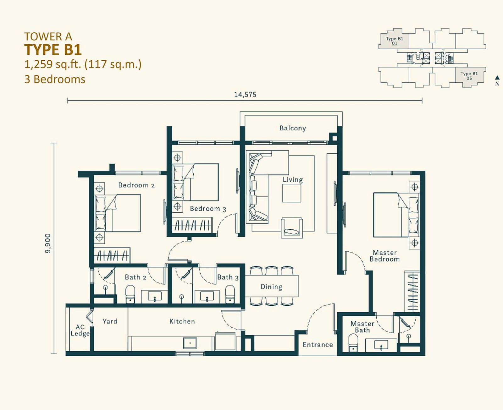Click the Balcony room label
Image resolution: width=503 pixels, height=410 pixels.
[x=293, y=128]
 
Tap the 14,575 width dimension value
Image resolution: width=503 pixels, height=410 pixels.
[x=245, y=95]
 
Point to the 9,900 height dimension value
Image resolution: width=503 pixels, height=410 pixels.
[x=48, y=243]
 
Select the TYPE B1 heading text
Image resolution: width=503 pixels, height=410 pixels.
[x=53, y=50]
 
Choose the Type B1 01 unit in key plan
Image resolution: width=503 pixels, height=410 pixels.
[x=394, y=41]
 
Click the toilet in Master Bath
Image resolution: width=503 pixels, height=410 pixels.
[x=353, y=342]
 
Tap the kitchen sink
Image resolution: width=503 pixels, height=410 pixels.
[x=190, y=343]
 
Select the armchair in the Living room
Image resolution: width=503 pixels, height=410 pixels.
[x=292, y=228]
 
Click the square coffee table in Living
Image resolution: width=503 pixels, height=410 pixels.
[x=292, y=193]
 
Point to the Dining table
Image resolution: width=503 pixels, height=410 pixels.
[x=272, y=286]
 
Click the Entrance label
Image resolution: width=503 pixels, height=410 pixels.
[x=318, y=345]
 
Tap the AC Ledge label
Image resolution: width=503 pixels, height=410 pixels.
[x=80, y=330]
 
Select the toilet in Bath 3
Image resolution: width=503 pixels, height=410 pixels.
[x=230, y=294]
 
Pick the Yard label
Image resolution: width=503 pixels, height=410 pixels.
[x=110, y=321]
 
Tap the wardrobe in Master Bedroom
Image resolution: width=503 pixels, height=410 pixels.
[x=412, y=291]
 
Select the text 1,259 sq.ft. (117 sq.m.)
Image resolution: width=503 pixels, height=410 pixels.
[x=83, y=64]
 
